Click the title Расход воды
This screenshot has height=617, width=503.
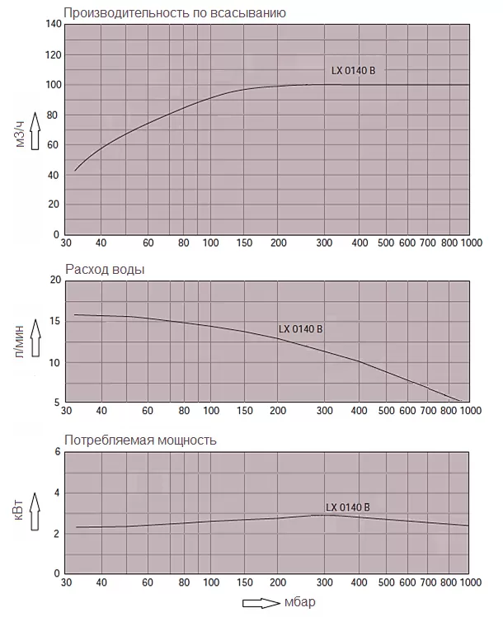(107, 269)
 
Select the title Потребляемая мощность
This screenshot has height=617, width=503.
(140, 440)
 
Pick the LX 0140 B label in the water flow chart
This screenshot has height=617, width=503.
(300, 329)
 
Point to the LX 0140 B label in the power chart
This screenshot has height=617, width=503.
(348, 506)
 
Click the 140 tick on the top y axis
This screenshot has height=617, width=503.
(54, 24)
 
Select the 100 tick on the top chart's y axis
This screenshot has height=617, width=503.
(54, 85)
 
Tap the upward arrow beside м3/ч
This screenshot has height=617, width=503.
(35, 130)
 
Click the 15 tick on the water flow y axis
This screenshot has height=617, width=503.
(56, 322)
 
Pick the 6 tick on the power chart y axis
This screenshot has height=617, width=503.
(58, 453)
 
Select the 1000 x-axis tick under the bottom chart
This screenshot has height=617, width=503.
(470, 582)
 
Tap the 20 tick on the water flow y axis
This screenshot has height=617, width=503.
(56, 280)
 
